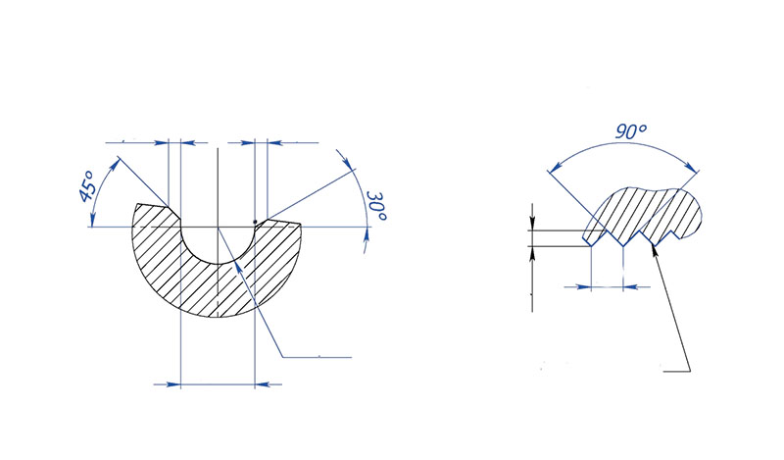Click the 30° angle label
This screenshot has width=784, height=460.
[374, 209]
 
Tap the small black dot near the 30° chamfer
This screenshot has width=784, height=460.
[255, 221]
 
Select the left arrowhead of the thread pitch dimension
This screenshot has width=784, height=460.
[586, 286]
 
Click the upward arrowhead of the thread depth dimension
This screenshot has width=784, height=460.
[531, 253]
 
